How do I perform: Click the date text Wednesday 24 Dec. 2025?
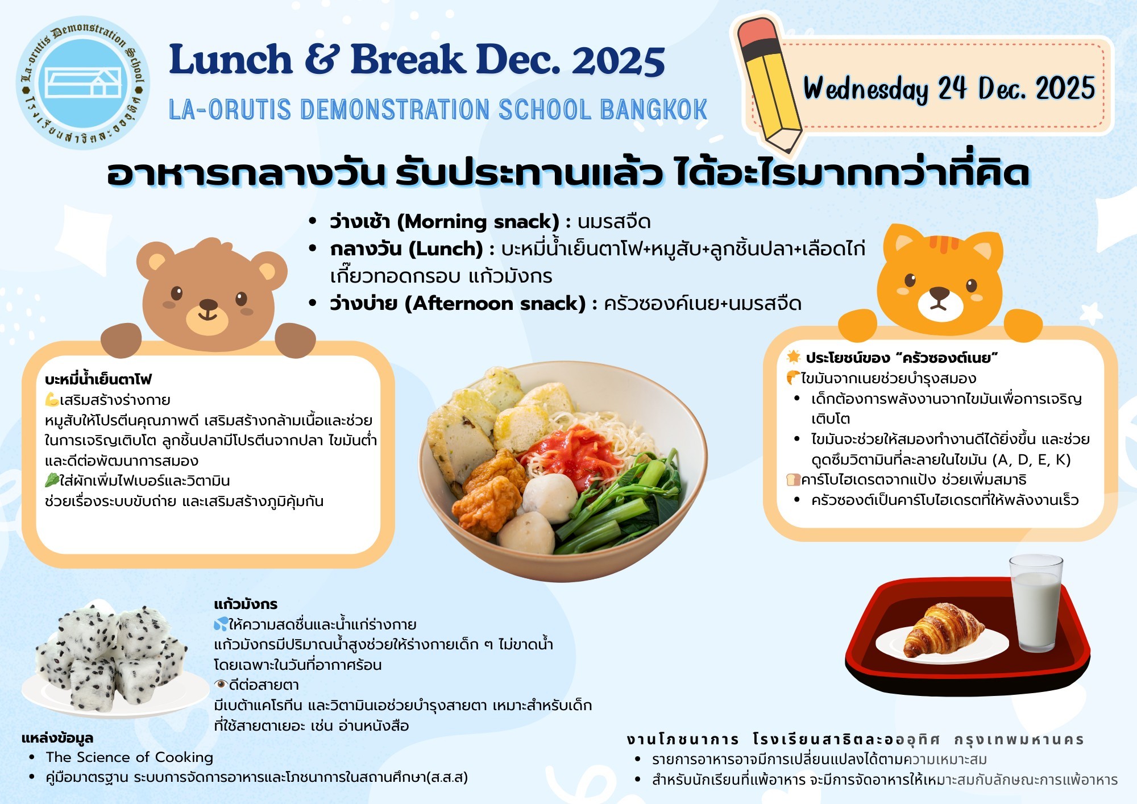[x=949, y=89]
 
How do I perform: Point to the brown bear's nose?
[x=208, y=305]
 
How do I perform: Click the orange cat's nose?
[x=939, y=293]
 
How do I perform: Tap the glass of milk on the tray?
[x=1036, y=603]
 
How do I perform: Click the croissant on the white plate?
[x=943, y=629]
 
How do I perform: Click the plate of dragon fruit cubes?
[x=114, y=660]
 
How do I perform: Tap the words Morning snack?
[x=478, y=221]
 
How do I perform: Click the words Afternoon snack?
[x=495, y=304]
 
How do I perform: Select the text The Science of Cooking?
[x=130, y=757]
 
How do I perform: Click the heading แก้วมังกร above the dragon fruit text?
[x=246, y=604]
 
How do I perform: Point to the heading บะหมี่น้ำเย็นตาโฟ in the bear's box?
[x=98, y=379]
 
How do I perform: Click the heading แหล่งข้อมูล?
[x=57, y=738]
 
